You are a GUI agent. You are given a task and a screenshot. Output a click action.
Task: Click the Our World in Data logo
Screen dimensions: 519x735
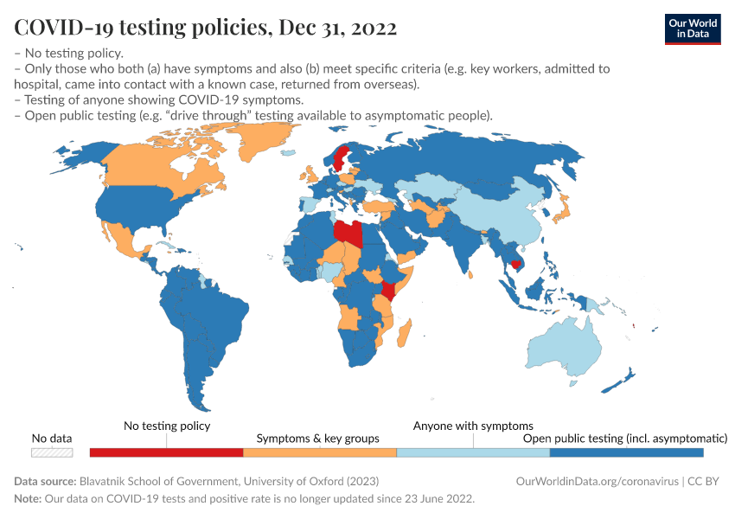click(692, 28)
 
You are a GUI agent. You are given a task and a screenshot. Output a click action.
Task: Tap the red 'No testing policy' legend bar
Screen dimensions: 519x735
click(166, 452)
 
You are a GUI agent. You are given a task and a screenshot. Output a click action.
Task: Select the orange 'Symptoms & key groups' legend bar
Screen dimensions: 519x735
click(319, 452)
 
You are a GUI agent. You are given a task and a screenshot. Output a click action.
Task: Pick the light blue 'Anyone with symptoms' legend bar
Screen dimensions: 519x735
click(473, 452)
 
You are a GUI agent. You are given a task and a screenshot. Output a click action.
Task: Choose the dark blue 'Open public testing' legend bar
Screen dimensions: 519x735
click(626, 452)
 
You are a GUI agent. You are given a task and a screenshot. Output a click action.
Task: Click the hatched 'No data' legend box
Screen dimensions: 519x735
click(52, 452)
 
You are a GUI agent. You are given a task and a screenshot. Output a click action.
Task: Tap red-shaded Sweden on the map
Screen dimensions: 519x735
click(340, 157)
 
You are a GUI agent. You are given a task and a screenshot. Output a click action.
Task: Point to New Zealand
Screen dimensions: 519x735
click(624, 378)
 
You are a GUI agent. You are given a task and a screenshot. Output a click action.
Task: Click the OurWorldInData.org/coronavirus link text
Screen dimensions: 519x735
click(595, 481)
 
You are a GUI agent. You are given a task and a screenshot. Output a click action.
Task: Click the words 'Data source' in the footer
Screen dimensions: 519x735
click(45, 481)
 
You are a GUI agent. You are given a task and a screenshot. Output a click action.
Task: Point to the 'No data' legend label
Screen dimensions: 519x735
click(52, 438)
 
